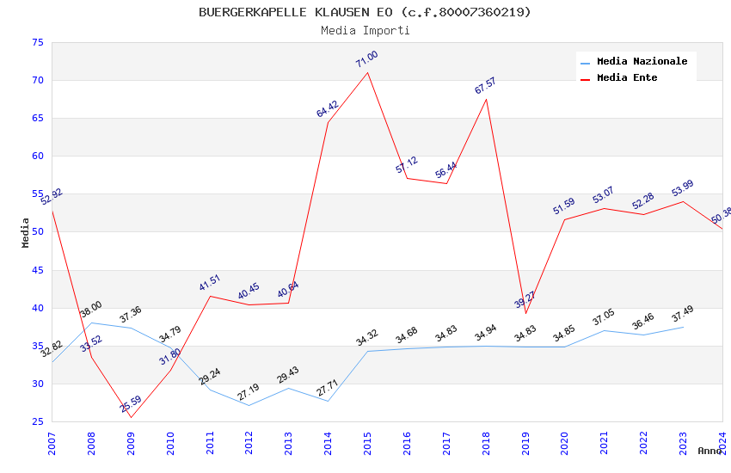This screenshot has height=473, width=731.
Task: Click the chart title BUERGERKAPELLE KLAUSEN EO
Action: click(x=365, y=12)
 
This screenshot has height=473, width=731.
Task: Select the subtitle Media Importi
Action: click(x=365, y=30)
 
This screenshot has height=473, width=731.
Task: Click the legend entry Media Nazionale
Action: click(x=642, y=61)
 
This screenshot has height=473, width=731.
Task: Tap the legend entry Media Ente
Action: click(x=626, y=77)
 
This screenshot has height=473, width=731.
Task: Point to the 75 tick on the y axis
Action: click(x=36, y=43)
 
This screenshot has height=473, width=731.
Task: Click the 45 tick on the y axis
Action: click(x=36, y=270)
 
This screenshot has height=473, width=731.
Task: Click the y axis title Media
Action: click(x=26, y=232)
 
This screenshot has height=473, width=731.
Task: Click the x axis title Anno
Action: click(x=709, y=451)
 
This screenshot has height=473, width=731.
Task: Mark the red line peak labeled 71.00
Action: click(x=368, y=71)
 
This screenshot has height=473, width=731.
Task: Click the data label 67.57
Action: click(x=485, y=86)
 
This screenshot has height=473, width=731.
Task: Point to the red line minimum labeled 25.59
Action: click(x=131, y=418)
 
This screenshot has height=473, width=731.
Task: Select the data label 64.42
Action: click(x=328, y=109)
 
